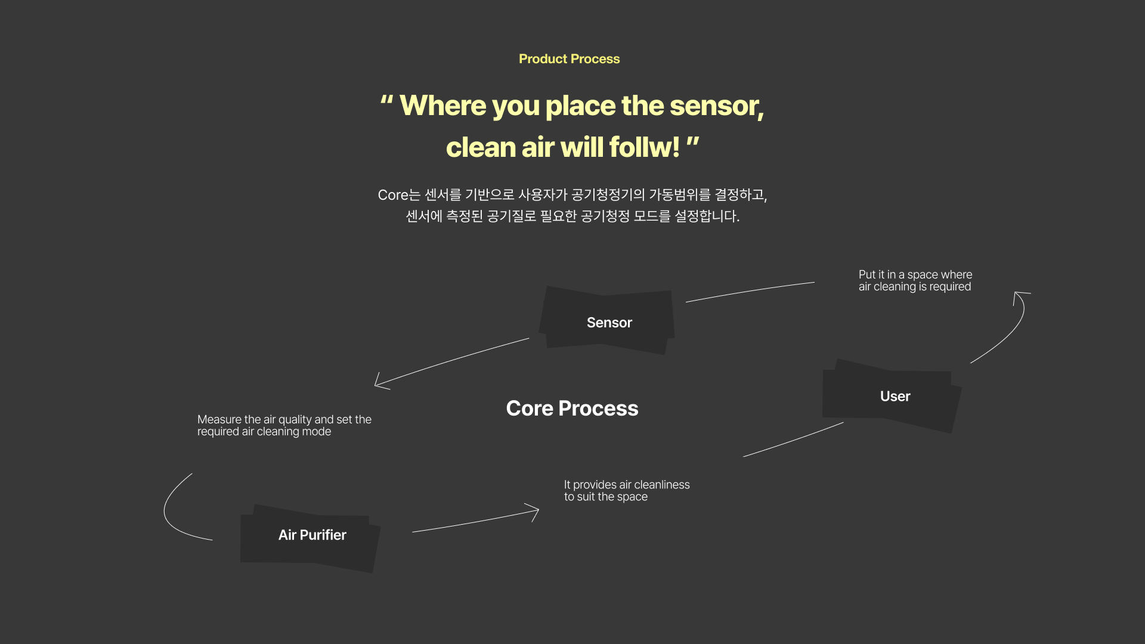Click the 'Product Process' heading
569,59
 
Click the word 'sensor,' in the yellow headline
717,106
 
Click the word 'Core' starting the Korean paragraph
392,195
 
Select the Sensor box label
609,323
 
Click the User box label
895,397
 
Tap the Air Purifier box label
312,535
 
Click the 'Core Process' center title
572,408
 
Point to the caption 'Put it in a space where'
915,274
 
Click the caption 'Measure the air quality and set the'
284,419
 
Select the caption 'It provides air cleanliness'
627,485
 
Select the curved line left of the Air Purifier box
165,508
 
